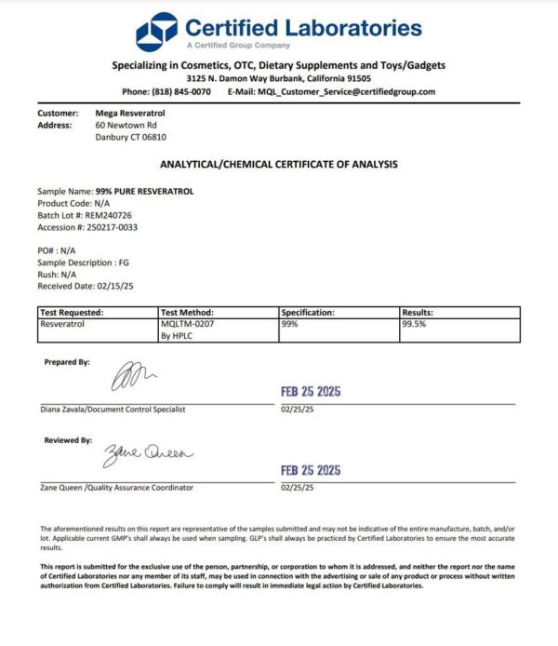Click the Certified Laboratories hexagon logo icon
pyautogui.click(x=156, y=33)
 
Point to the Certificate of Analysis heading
pyautogui.click(x=279, y=164)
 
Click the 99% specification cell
pyautogui.click(x=289, y=325)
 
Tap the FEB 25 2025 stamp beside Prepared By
pyautogui.click(x=311, y=392)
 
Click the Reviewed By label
pyautogui.click(x=68, y=440)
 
